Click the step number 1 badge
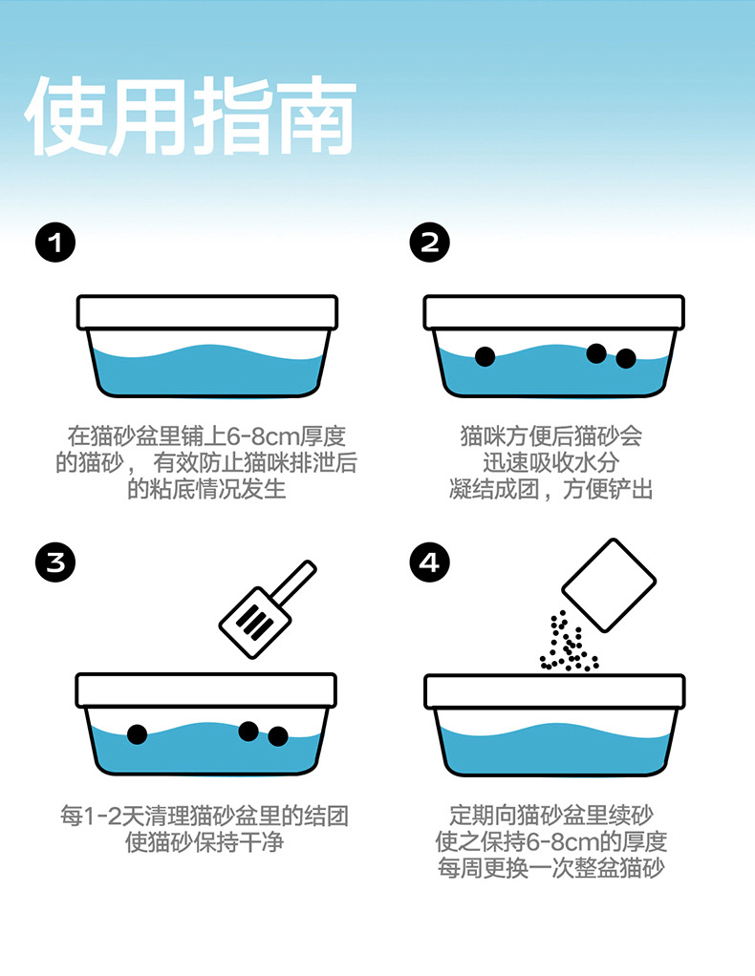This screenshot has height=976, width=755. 55,243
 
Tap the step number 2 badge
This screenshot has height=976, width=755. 429,243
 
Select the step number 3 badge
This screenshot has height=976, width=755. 55,562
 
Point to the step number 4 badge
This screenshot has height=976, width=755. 429,562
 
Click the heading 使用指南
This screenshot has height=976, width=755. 190,117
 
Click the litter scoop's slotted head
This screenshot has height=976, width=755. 255,622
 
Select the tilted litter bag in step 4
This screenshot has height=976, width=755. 609,585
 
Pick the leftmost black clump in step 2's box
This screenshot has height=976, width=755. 485,356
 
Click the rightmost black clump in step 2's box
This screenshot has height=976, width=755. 626,358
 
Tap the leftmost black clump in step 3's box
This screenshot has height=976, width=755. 137,734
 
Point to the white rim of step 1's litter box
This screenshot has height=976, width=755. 207,312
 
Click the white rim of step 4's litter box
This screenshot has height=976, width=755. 554,690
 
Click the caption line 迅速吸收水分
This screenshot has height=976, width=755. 551,462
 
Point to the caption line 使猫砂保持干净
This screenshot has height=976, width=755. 205,842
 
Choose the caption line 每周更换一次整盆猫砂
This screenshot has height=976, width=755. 551,868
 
